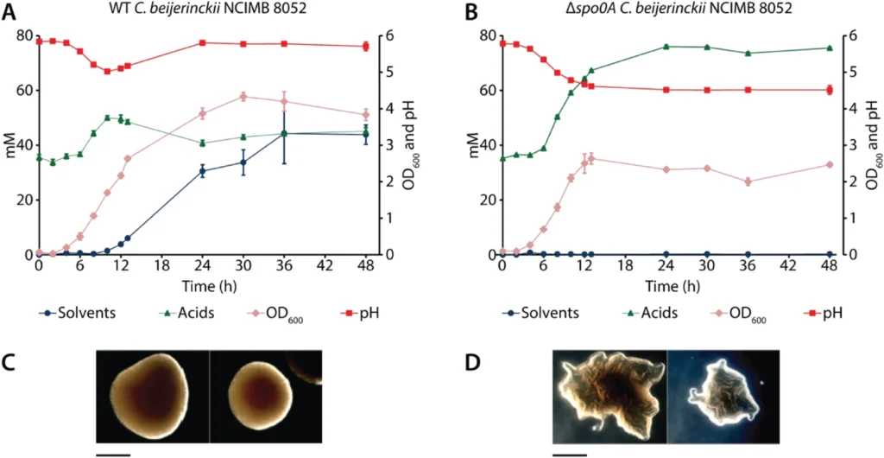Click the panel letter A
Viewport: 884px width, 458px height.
tap(11, 13)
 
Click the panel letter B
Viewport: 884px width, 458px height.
tap(470, 13)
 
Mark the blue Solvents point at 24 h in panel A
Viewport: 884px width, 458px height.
tap(202, 171)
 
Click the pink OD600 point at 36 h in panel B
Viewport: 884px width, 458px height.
tap(748, 181)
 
